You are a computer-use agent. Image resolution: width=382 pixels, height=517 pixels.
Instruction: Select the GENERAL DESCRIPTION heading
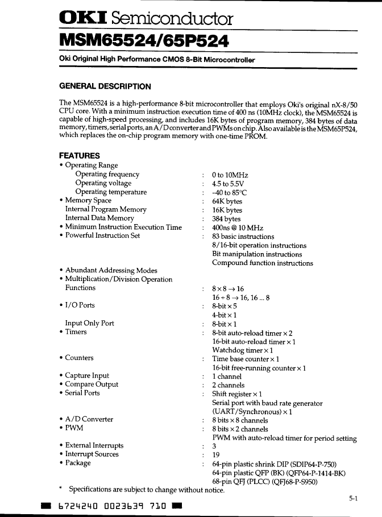[x=105, y=86]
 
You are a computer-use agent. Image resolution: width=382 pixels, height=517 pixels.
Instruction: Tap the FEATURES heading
[x=80, y=156]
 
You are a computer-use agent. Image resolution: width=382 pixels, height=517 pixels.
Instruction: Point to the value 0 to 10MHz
[x=230, y=175]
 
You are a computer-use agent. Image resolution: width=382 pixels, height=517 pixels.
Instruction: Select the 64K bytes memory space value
[x=227, y=201]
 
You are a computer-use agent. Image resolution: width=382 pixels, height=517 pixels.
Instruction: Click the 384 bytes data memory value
[x=226, y=219]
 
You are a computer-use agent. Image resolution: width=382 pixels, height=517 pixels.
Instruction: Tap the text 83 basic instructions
[x=243, y=237]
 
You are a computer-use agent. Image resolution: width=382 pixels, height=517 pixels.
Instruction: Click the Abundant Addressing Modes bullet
[x=111, y=271]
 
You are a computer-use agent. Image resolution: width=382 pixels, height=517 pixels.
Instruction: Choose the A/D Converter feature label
[x=89, y=420]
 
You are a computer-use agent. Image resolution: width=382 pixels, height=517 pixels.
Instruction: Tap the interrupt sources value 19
[x=216, y=454]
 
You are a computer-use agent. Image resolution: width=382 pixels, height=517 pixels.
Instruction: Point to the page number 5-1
[x=353, y=498]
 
